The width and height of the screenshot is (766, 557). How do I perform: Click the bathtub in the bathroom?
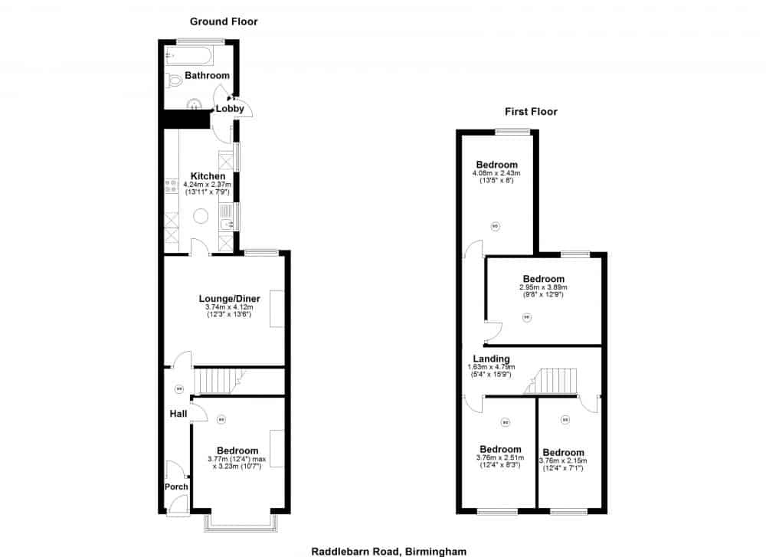tap(188, 55)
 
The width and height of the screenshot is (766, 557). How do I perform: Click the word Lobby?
tap(230, 109)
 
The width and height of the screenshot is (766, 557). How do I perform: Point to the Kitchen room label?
tap(208, 176)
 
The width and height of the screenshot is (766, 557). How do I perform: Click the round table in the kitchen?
tap(201, 216)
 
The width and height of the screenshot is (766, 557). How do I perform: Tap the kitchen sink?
tap(227, 219)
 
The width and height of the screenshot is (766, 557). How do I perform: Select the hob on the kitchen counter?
tap(170, 188)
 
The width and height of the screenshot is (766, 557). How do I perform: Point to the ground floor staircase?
tap(218, 381)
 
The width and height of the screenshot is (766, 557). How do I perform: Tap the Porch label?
tap(176, 487)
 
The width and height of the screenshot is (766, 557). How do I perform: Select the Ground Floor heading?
tap(224, 21)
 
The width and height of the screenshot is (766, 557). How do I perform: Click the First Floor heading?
tap(531, 112)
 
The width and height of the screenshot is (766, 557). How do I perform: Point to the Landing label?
tap(491, 359)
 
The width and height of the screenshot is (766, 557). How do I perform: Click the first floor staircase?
tap(554, 381)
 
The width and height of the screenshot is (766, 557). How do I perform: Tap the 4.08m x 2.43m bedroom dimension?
tap(496, 173)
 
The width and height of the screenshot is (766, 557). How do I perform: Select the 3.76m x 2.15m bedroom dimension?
tap(563, 461)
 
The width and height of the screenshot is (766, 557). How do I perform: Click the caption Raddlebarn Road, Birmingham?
tap(388, 550)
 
